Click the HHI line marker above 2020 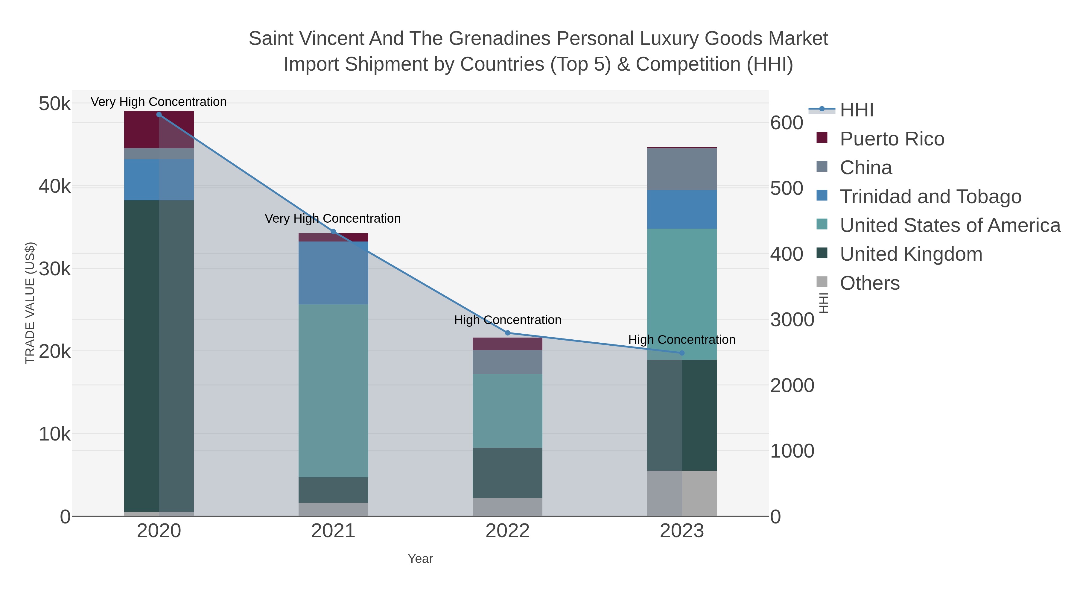159,115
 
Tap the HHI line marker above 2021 333,232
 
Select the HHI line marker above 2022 508,333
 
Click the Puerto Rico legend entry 892,139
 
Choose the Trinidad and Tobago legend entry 930,197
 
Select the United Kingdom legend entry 911,254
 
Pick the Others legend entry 870,283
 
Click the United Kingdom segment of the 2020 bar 159,356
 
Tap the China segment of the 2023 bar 682,169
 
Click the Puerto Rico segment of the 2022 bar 508,344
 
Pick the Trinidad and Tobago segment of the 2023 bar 682,209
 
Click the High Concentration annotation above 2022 508,320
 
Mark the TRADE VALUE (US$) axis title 30,303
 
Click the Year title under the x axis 420,559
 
